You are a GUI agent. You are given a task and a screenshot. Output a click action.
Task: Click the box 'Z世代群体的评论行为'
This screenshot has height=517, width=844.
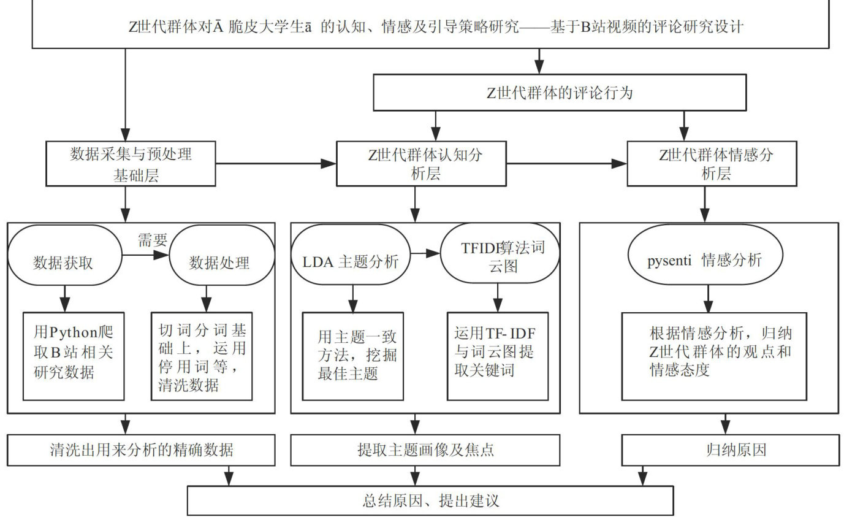click(560, 94)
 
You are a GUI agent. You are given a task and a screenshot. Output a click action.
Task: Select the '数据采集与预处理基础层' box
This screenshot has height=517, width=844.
click(131, 163)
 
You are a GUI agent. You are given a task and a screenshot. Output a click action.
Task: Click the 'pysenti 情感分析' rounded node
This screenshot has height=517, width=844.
click(705, 260)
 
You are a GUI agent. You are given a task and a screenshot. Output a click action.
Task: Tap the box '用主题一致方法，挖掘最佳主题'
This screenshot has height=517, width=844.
click(353, 356)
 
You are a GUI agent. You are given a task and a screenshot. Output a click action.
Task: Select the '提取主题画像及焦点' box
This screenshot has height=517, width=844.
click(425, 450)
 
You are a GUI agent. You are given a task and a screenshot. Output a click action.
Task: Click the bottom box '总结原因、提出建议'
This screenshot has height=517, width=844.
click(430, 500)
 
